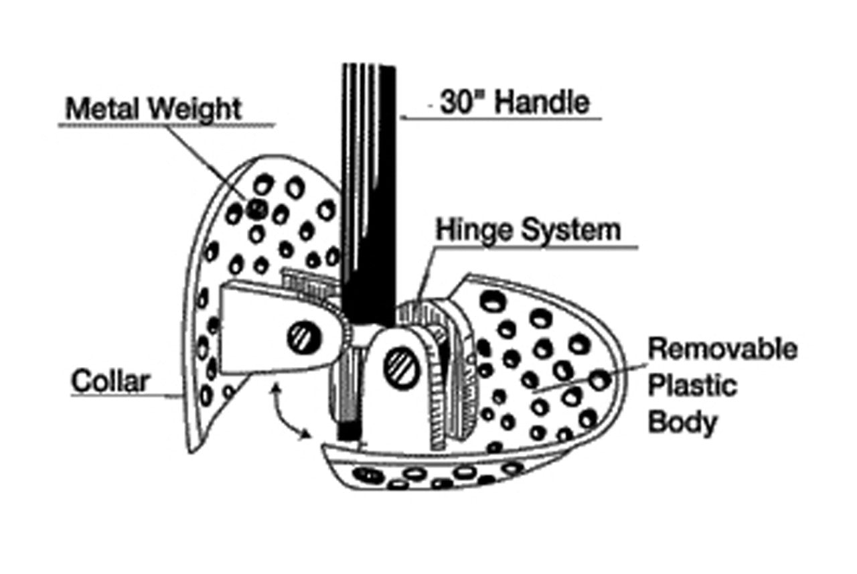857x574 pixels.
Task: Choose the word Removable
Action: tap(724, 349)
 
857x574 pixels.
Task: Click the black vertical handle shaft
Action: tap(368, 201)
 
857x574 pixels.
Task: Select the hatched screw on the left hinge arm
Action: tap(301, 336)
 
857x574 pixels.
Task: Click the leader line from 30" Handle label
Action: tap(502, 119)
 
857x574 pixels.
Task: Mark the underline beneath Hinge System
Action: tap(536, 248)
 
